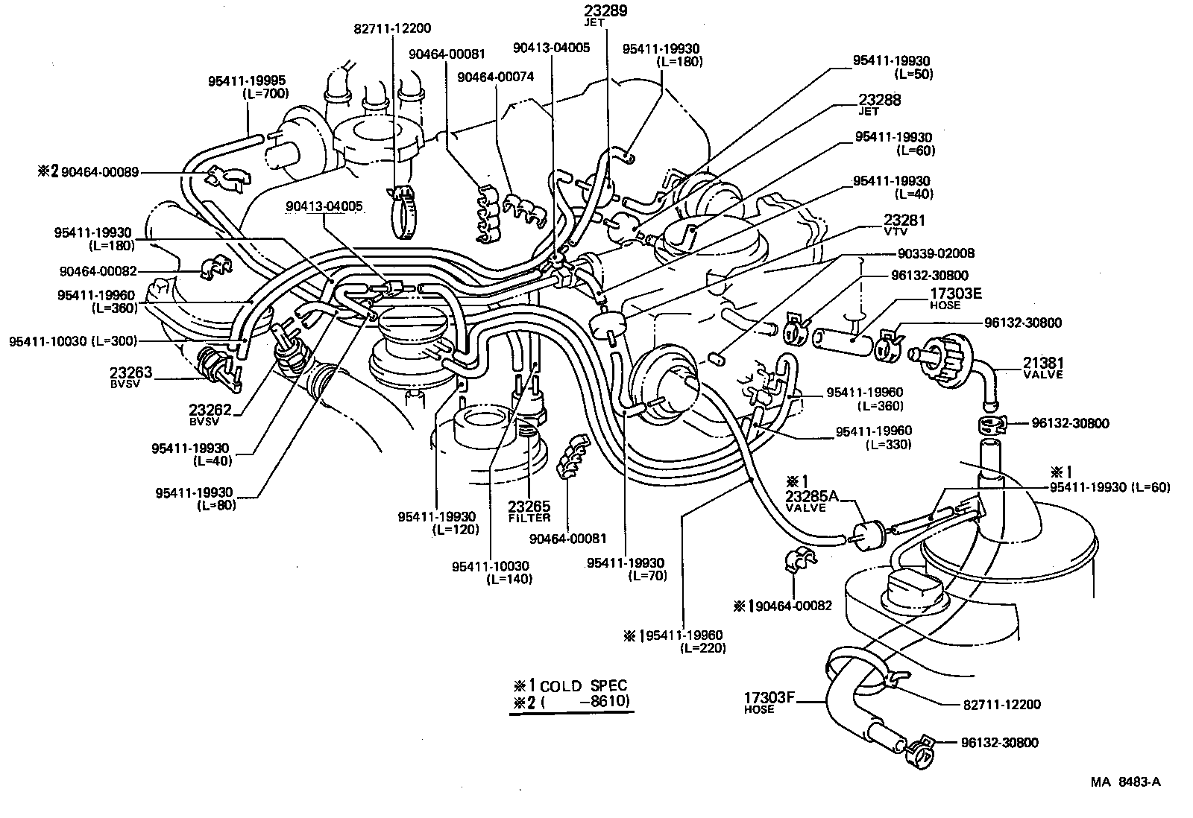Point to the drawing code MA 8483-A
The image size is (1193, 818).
[x=1125, y=782]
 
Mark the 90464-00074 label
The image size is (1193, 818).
[x=495, y=77]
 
